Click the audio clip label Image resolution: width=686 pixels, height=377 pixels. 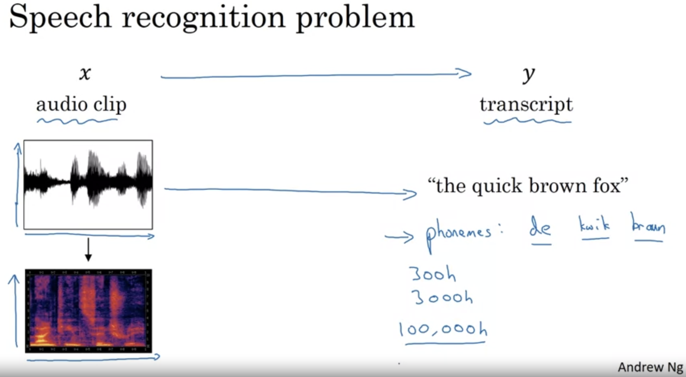coord(81,105)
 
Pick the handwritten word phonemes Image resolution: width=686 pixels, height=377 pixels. coord(458,233)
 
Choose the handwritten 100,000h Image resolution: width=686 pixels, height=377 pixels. coord(443,330)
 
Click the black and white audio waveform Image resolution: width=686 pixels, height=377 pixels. coord(88,184)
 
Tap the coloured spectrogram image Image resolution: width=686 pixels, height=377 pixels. coord(89,311)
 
